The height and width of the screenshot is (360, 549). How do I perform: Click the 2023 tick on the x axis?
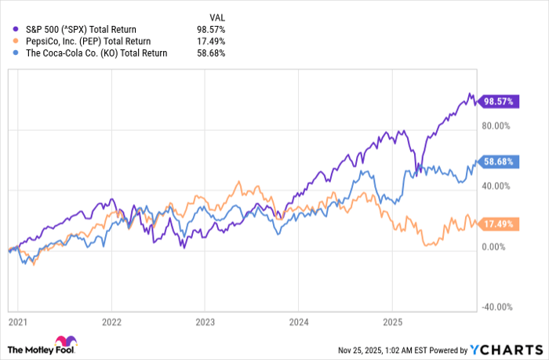click(x=205, y=322)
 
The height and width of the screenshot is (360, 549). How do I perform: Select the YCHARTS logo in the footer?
click(x=506, y=349)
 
